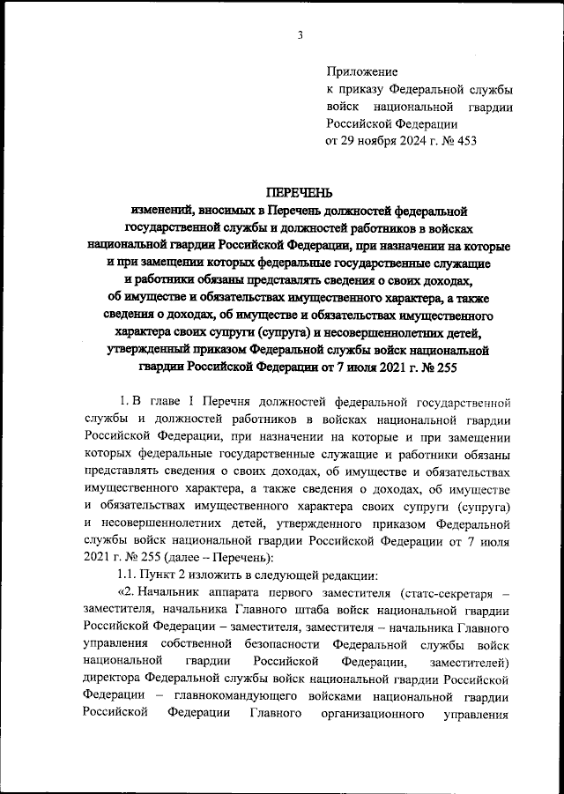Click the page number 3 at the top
[300, 35]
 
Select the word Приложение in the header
[361, 71]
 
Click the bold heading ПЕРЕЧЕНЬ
[299, 194]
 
